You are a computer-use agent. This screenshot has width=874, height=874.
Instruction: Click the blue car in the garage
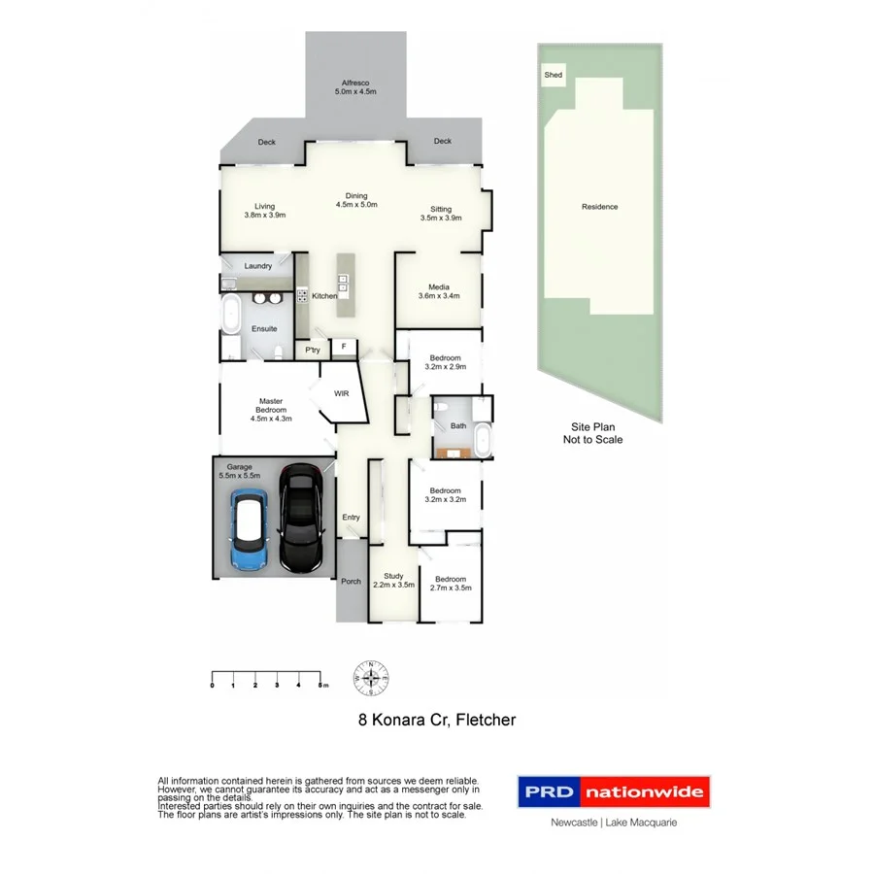coord(250,530)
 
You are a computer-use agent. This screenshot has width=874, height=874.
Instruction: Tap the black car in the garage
coord(301,517)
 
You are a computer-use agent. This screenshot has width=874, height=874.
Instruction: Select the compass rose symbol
coord(371,677)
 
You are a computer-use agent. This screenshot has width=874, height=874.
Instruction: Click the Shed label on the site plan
coord(554,75)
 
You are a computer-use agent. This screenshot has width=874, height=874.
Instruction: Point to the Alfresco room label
coord(354,87)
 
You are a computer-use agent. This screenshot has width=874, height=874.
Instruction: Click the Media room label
coord(438,290)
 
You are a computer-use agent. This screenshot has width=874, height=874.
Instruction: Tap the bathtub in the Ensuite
coord(232,316)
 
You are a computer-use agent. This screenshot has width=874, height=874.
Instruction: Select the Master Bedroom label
coord(271,409)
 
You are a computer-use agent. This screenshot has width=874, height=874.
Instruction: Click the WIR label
coord(341,393)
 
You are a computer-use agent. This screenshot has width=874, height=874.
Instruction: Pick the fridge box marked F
coord(343,347)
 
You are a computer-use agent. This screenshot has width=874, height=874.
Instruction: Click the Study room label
coord(393,580)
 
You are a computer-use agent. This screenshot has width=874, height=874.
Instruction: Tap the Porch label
coord(351,582)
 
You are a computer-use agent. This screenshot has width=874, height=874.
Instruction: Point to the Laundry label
coord(257,265)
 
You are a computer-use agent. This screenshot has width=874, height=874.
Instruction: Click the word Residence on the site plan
coord(599,207)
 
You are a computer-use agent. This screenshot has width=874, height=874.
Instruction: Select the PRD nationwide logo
coord(613,791)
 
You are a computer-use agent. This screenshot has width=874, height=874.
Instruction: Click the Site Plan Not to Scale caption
coord(592,433)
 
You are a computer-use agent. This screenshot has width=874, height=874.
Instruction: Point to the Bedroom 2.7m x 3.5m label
coord(451,584)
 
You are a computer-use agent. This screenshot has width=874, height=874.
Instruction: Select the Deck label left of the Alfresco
coord(266,143)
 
